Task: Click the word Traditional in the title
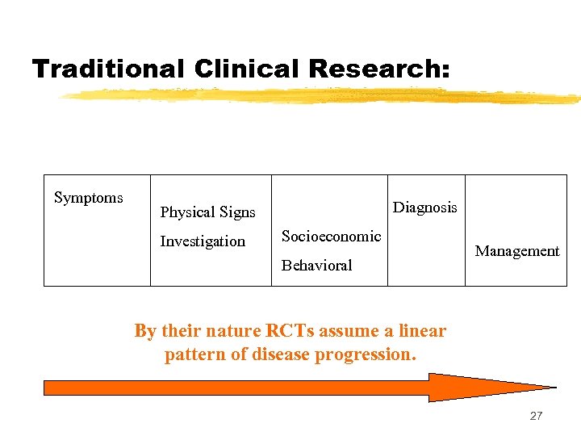point(108,69)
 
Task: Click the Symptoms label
point(89,198)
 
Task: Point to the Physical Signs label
point(207,212)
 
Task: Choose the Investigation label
point(203,241)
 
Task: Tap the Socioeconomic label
point(331,236)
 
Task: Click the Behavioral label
point(317,265)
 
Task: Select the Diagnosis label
point(424,208)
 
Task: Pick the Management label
point(516,251)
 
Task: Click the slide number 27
point(536,416)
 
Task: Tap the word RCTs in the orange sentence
point(288,331)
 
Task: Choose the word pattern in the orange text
point(192,354)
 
